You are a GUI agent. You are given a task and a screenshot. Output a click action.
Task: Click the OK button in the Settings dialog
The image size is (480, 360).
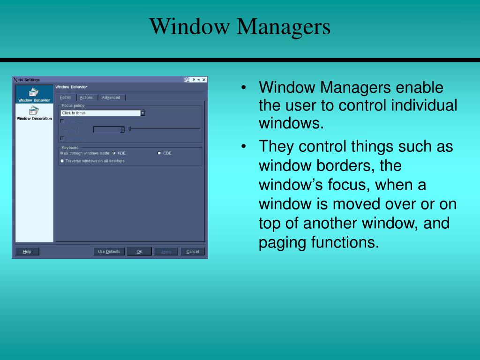click(139, 252)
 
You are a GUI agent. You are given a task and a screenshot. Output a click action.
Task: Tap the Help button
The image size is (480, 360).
click(27, 252)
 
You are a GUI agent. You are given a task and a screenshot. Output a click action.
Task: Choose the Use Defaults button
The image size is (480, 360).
click(109, 252)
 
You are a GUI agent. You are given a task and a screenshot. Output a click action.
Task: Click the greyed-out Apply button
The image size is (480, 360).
click(166, 252)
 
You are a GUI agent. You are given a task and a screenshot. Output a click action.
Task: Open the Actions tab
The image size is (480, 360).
click(86, 97)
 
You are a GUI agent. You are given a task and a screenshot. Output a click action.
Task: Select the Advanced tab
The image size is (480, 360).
click(111, 97)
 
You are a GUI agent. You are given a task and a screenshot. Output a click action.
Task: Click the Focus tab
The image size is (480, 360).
click(66, 97)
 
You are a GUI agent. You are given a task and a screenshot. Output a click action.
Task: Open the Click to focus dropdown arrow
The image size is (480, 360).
click(143, 113)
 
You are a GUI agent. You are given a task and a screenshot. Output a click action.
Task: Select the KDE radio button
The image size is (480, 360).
click(114, 153)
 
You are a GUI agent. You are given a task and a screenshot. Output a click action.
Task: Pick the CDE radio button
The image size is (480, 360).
click(159, 153)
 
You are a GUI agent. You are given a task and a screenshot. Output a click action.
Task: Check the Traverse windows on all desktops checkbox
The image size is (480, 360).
click(62, 161)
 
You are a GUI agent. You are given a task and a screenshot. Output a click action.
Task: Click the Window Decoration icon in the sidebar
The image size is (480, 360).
click(34, 111)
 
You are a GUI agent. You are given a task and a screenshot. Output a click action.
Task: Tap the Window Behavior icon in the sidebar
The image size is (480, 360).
click(34, 92)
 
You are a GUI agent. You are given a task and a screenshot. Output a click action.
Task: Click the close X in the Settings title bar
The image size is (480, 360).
click(204, 80)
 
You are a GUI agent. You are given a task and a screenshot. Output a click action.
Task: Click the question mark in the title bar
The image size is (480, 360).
click(194, 80)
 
